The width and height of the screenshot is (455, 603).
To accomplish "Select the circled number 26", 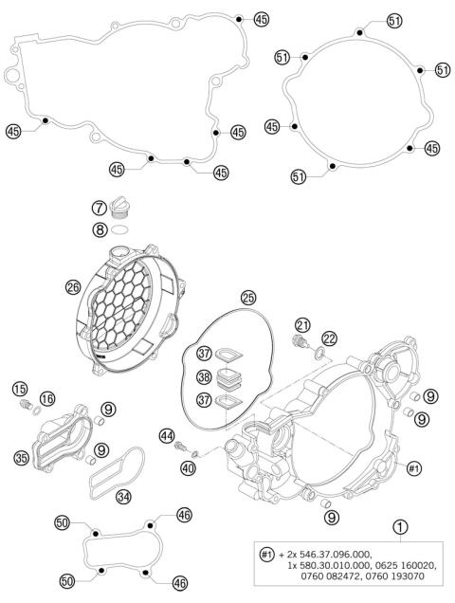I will [x=72, y=286].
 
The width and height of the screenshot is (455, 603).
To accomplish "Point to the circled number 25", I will [x=248, y=297].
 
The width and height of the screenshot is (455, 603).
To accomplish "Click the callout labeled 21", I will [x=302, y=325].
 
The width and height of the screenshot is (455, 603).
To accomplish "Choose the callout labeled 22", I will [x=328, y=338].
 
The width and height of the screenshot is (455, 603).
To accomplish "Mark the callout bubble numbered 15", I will [x=19, y=391].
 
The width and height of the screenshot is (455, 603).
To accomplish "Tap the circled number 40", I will [x=189, y=466].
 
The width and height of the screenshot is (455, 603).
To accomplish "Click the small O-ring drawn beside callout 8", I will [x=118, y=228].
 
